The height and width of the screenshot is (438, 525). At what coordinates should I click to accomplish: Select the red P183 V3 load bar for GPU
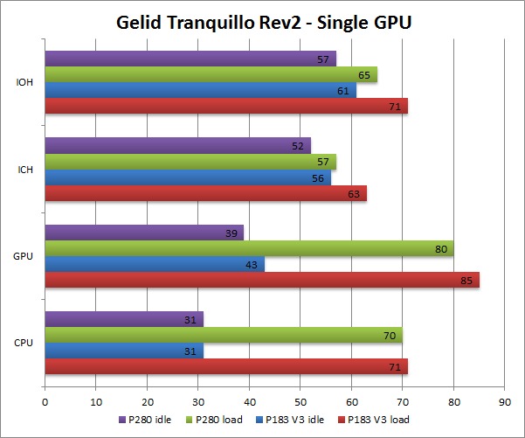coord(262,280)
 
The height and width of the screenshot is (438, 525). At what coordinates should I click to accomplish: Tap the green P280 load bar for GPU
coord(249,248)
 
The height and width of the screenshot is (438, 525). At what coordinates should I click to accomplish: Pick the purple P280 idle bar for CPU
coord(123,319)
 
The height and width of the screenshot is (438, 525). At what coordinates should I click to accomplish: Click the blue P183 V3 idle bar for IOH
coord(200,90)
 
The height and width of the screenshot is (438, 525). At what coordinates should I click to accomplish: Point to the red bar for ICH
coord(205,193)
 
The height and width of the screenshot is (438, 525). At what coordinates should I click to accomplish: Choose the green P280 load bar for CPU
coord(223,335)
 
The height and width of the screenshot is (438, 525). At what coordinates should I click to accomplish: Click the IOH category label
coord(25,83)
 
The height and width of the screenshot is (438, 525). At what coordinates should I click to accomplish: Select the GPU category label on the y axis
coord(24,256)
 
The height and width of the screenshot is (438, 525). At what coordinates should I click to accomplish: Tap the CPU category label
coord(24,343)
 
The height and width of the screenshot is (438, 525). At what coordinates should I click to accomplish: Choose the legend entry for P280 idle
coord(149,419)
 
